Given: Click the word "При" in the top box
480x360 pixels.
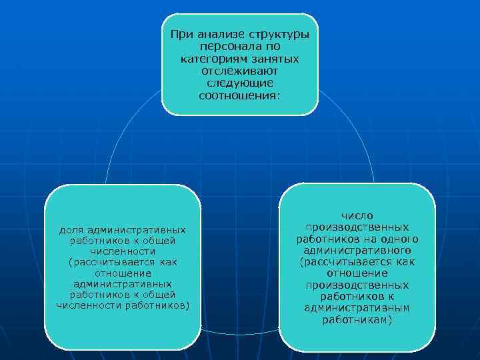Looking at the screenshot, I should tap(179, 35).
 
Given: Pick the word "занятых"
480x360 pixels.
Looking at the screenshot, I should tap(275, 59).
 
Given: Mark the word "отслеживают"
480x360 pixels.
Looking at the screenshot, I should tap(240, 71).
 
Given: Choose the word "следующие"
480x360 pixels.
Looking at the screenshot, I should tap(240, 83).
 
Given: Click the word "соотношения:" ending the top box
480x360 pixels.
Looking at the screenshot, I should tap(240, 95).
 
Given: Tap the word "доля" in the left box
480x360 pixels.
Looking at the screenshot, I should tap(71, 229).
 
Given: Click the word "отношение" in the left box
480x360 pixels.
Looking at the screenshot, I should tap(123, 273).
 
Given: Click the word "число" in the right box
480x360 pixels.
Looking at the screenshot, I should tap(357, 215).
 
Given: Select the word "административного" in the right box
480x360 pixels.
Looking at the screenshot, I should tap(357, 250).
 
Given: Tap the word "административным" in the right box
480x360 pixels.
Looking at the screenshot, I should tap(357, 308).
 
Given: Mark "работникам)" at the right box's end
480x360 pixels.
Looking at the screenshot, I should tap(357, 319).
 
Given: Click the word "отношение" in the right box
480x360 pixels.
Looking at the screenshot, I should tap(357, 273).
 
